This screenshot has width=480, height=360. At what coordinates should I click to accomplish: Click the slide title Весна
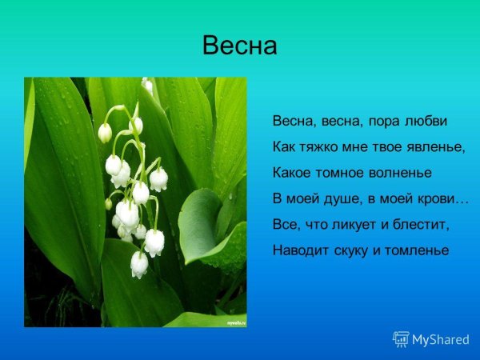[x=240, y=46]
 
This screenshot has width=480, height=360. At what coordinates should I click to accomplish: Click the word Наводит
[x=298, y=250]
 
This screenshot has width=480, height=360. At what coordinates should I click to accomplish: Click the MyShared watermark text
[x=441, y=340]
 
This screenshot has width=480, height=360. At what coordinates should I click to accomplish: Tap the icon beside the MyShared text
[x=401, y=339]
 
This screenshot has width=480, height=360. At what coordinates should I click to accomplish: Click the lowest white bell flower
[x=139, y=264]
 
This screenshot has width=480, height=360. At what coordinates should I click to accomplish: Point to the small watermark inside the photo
[x=234, y=322]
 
